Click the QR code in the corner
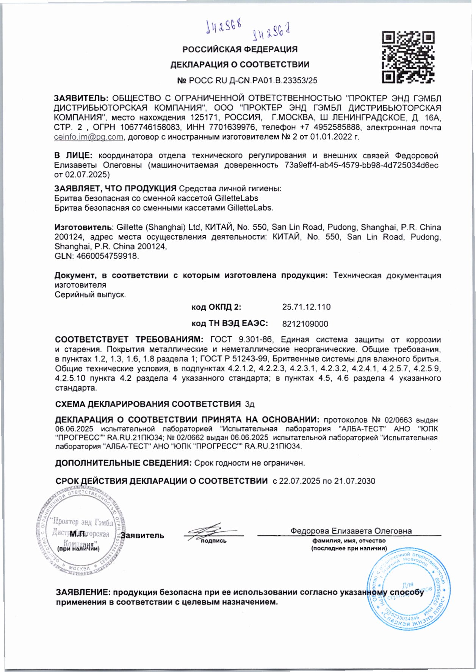[408, 58]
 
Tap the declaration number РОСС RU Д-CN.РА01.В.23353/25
[247, 81]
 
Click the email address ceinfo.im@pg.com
[88, 137]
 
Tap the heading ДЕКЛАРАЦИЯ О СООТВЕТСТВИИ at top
[240, 65]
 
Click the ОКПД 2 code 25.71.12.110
[306, 307]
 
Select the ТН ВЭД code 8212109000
[305, 324]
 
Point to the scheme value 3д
[250, 404]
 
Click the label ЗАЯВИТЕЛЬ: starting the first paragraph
[81, 98]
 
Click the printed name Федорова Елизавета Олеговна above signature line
[351, 531]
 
